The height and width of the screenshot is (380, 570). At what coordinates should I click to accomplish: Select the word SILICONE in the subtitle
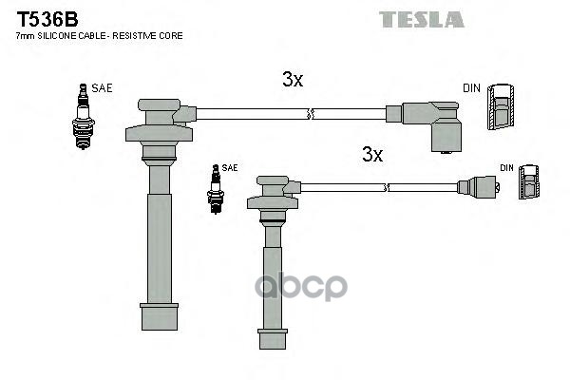pyautogui.click(x=62, y=35)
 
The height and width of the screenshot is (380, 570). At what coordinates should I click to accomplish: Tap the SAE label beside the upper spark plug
pyautogui.click(x=102, y=87)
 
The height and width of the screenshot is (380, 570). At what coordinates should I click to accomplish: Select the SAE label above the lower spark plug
pyautogui.click(x=229, y=167)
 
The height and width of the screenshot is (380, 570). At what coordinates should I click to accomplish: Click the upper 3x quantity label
pyautogui.click(x=293, y=81)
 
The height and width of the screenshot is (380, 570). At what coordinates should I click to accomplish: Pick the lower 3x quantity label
pyautogui.click(x=371, y=154)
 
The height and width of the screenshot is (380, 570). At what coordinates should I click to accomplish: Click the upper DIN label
pyautogui.click(x=471, y=88)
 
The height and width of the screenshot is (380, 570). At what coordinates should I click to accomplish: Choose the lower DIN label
pyautogui.click(x=506, y=168)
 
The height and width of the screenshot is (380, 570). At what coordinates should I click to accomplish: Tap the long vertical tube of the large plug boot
pyautogui.click(x=158, y=247)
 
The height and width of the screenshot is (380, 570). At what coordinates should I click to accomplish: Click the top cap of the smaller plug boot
pyautogui.click(x=273, y=181)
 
